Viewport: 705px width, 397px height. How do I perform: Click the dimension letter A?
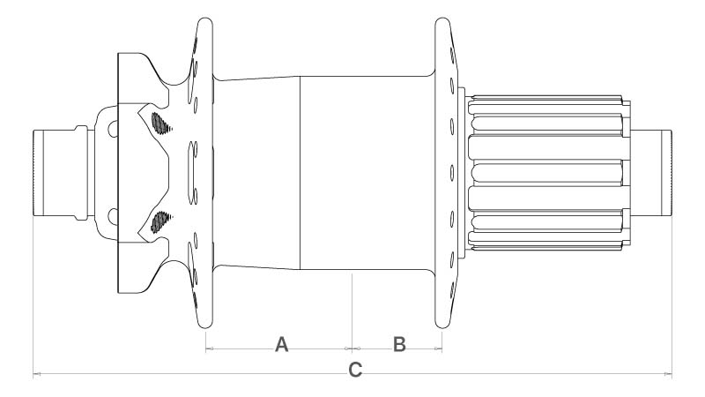[282, 343]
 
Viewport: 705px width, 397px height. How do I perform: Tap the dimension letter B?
[398, 343]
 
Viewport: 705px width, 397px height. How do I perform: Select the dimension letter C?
[354, 370]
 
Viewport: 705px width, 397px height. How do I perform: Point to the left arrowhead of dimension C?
[36, 376]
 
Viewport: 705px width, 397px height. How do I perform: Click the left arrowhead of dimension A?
[209, 349]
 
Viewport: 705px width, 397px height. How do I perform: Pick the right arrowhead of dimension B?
[438, 349]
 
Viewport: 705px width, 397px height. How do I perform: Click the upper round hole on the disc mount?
[113, 130]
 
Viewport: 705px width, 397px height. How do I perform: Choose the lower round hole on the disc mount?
[113, 215]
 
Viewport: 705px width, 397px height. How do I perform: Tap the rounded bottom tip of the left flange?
[204, 327]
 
